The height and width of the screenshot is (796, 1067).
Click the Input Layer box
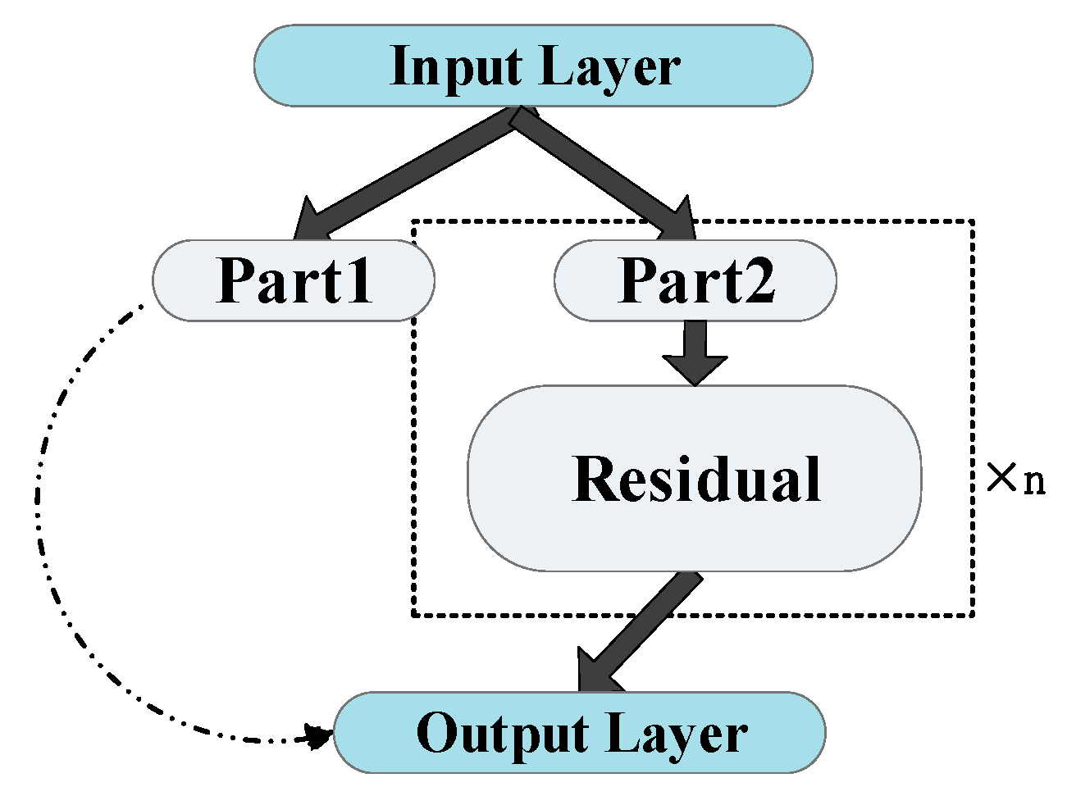coord(533,66)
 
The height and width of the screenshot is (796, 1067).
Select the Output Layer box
coord(579,732)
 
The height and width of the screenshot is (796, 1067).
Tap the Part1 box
coord(294,280)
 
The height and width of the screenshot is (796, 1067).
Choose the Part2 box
coord(695,280)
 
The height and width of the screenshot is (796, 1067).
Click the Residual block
coord(695,478)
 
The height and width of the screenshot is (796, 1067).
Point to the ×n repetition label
coord(1015,478)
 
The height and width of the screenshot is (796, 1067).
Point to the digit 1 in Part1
coord(358,280)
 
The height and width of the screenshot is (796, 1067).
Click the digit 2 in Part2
coord(759,280)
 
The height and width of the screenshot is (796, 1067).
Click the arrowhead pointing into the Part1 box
coord(310,220)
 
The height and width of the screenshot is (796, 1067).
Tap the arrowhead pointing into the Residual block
coord(695,369)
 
